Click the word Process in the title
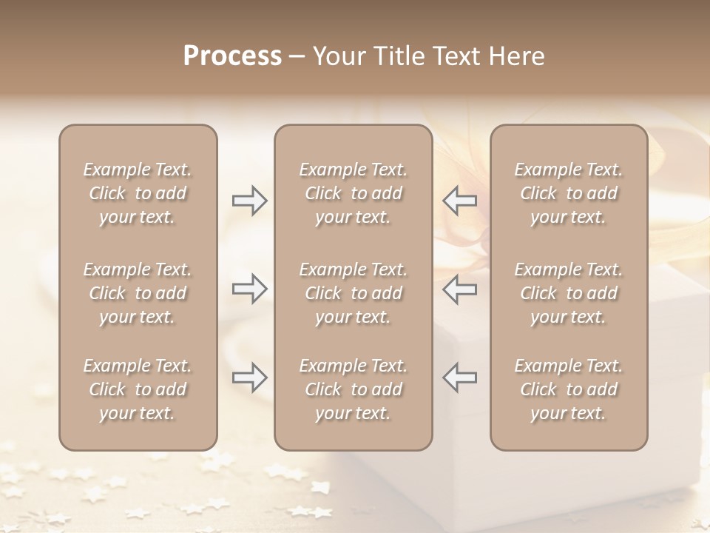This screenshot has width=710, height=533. pyautogui.click(x=232, y=56)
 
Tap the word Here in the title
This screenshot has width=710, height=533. pyautogui.click(x=517, y=56)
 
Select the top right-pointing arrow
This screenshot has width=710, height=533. pyautogui.click(x=249, y=201)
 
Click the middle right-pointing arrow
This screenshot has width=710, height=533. pyautogui.click(x=249, y=289)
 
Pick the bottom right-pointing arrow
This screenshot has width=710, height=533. pyautogui.click(x=249, y=377)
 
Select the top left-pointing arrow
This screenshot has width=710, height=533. pyautogui.click(x=459, y=201)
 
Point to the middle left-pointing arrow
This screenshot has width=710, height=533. pyautogui.click(x=459, y=289)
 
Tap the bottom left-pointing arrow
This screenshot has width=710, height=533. pyautogui.click(x=459, y=377)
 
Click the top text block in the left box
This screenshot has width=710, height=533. pyautogui.click(x=138, y=193)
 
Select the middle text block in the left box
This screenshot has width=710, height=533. pyautogui.click(x=138, y=293)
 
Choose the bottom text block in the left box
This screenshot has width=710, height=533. pyautogui.click(x=138, y=389)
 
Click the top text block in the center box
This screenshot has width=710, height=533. pyautogui.click(x=353, y=193)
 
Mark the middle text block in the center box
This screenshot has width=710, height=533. pyautogui.click(x=353, y=293)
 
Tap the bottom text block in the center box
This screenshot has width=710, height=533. pyautogui.click(x=353, y=389)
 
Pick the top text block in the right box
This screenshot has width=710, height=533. pyautogui.click(x=569, y=193)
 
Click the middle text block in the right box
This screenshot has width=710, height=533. pyautogui.click(x=569, y=293)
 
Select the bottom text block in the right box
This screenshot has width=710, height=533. pyautogui.click(x=569, y=389)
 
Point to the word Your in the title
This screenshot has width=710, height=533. pyautogui.click(x=336, y=56)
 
